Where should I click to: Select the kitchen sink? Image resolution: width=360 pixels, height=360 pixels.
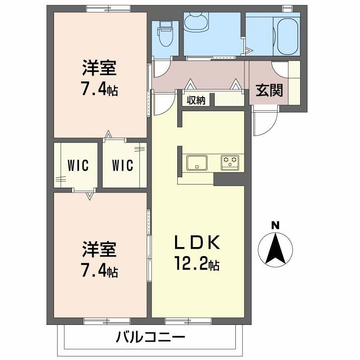click(x=197, y=162)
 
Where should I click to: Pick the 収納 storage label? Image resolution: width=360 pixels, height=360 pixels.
click(x=197, y=100)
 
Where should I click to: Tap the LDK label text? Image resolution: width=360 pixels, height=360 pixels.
click(x=197, y=243)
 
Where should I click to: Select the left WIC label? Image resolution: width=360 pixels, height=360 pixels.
click(x=76, y=166)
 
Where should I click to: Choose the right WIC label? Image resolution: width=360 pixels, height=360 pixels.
click(x=122, y=166)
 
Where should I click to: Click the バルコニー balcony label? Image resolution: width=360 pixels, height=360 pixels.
click(x=150, y=337)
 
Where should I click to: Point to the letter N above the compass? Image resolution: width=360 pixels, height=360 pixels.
click(x=275, y=225)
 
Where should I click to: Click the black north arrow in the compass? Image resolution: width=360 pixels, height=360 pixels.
click(x=275, y=250)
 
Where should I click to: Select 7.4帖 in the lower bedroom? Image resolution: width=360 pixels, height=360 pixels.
click(x=99, y=271)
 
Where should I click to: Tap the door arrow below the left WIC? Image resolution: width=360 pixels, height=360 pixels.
click(x=90, y=195)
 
